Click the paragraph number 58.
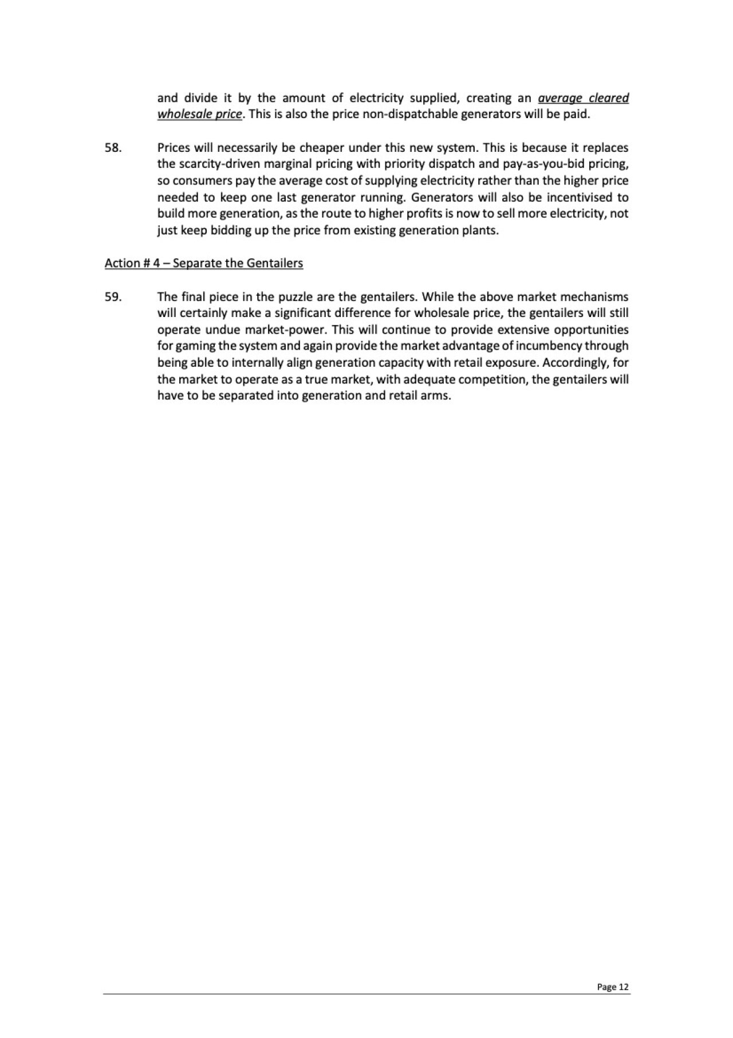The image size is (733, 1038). click(112, 148)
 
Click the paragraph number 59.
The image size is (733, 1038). click(112, 297)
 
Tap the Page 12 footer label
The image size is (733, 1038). click(613, 987)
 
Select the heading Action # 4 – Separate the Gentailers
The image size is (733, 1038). click(203, 263)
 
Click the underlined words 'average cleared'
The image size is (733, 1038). click(584, 98)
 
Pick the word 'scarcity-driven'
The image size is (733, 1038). click(212, 164)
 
